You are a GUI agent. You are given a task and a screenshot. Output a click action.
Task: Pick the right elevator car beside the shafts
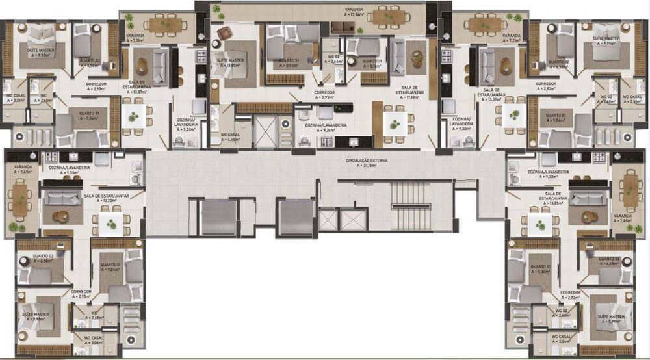pyautogui.click(x=295, y=216)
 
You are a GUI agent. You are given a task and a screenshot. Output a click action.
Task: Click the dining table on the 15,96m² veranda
pyautogui.click(x=391, y=17)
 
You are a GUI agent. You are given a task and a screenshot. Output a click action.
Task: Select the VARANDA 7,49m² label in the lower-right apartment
pyautogui.click(x=626, y=218)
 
